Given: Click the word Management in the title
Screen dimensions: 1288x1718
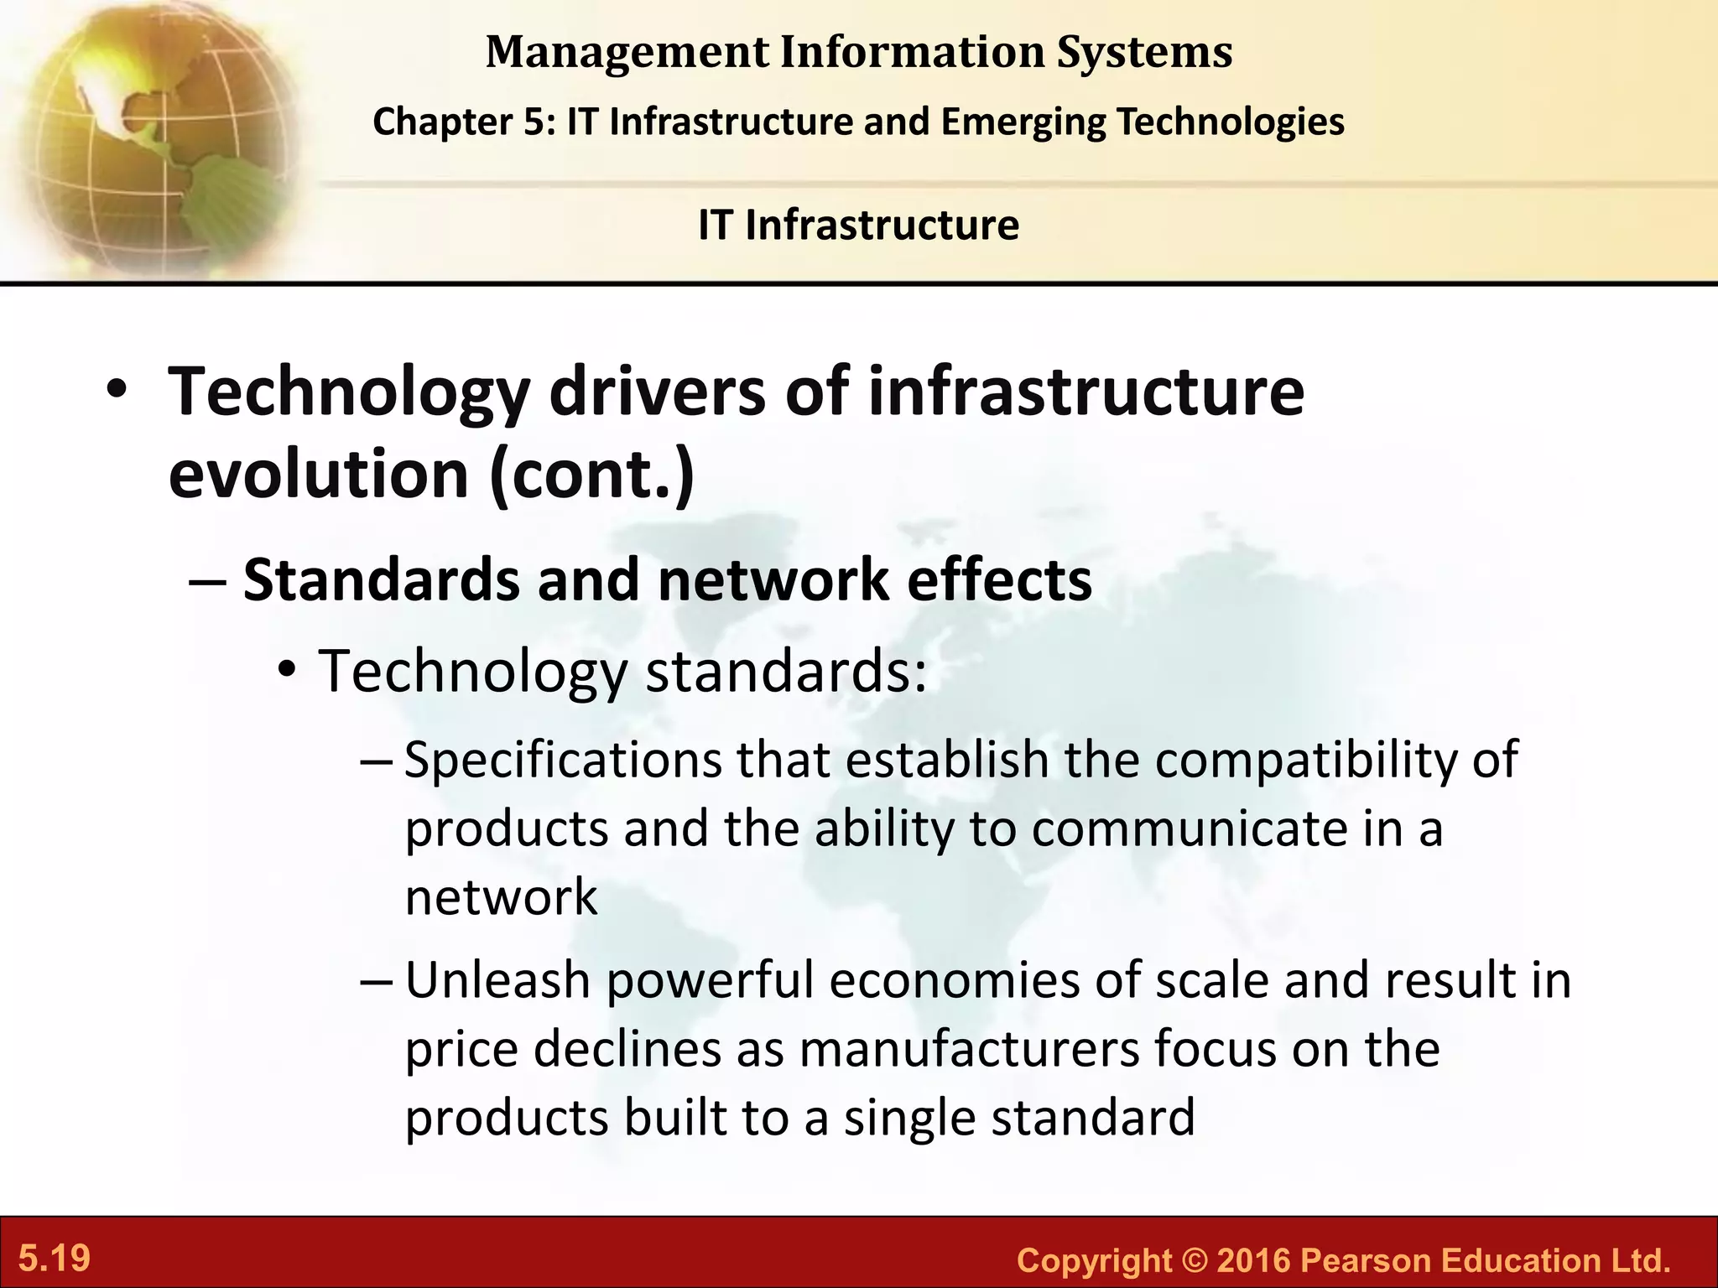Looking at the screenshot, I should pos(627,52).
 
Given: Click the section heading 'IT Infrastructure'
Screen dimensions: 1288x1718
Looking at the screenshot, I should pos(858,225).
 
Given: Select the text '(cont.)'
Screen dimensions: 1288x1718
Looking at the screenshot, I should pos(591,475).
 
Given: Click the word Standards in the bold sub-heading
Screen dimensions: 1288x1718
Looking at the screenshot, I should pos(382,580).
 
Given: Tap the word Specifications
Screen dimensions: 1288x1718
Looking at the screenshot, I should pos(563,761).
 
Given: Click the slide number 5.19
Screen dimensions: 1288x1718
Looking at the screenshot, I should pos(55,1259).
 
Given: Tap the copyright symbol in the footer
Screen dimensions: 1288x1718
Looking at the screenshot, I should pos(1194,1260).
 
